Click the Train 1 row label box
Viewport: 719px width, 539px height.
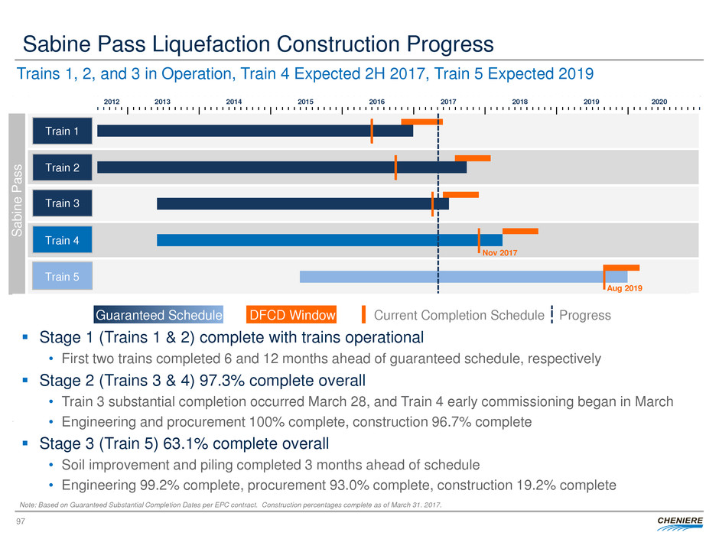[x=62, y=131]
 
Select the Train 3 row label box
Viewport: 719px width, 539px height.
[x=62, y=203]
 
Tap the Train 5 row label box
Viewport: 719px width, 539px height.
[x=62, y=276]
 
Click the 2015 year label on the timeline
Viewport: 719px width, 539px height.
[x=305, y=101]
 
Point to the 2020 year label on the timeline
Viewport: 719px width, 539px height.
[x=661, y=101]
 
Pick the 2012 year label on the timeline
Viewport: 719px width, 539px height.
[x=112, y=101]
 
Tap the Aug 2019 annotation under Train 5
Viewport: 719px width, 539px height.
[x=623, y=288]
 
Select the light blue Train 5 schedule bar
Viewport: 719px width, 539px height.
[x=463, y=277]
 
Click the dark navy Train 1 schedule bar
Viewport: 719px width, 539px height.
[x=255, y=131]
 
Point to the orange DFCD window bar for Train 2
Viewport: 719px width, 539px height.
[x=473, y=158]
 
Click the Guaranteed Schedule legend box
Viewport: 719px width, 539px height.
[x=158, y=315]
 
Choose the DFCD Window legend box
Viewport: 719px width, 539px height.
[x=292, y=315]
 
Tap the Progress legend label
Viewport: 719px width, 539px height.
[x=585, y=315]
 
